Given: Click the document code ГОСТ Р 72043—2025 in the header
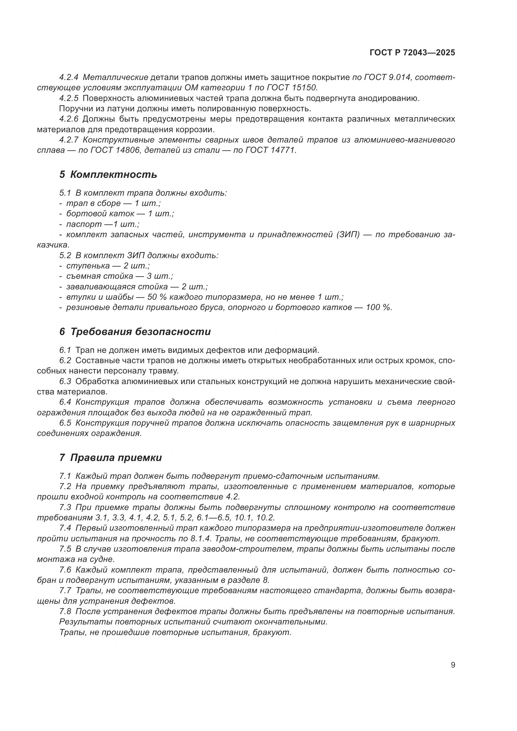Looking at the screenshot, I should pos(412,53).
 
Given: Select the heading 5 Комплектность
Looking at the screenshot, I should pos(108,174).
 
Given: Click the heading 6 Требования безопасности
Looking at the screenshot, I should pos(135,332).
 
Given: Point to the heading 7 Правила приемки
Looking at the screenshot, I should pos(110,458).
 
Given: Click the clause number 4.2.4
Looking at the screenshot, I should pos(69,78).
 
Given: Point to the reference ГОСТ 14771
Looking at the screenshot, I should pos(271,150).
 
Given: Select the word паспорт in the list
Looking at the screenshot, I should pos(84,224).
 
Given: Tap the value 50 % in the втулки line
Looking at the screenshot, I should pos(157,297).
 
